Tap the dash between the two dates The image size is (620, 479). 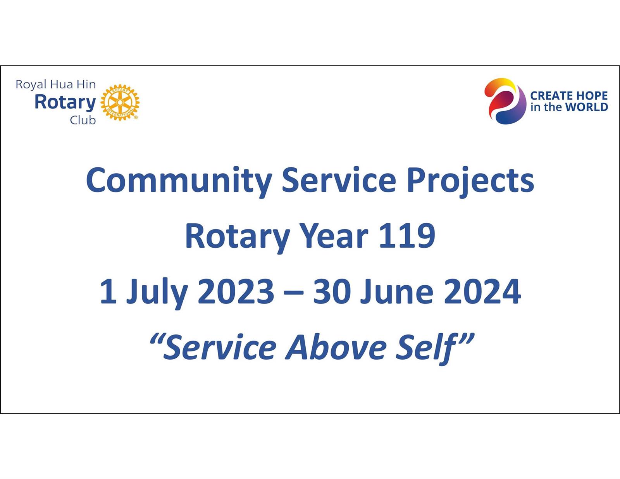click(x=294, y=293)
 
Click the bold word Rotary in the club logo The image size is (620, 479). click(x=65, y=102)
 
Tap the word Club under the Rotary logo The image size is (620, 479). click(x=83, y=120)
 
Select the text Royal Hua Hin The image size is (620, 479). click(x=55, y=84)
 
